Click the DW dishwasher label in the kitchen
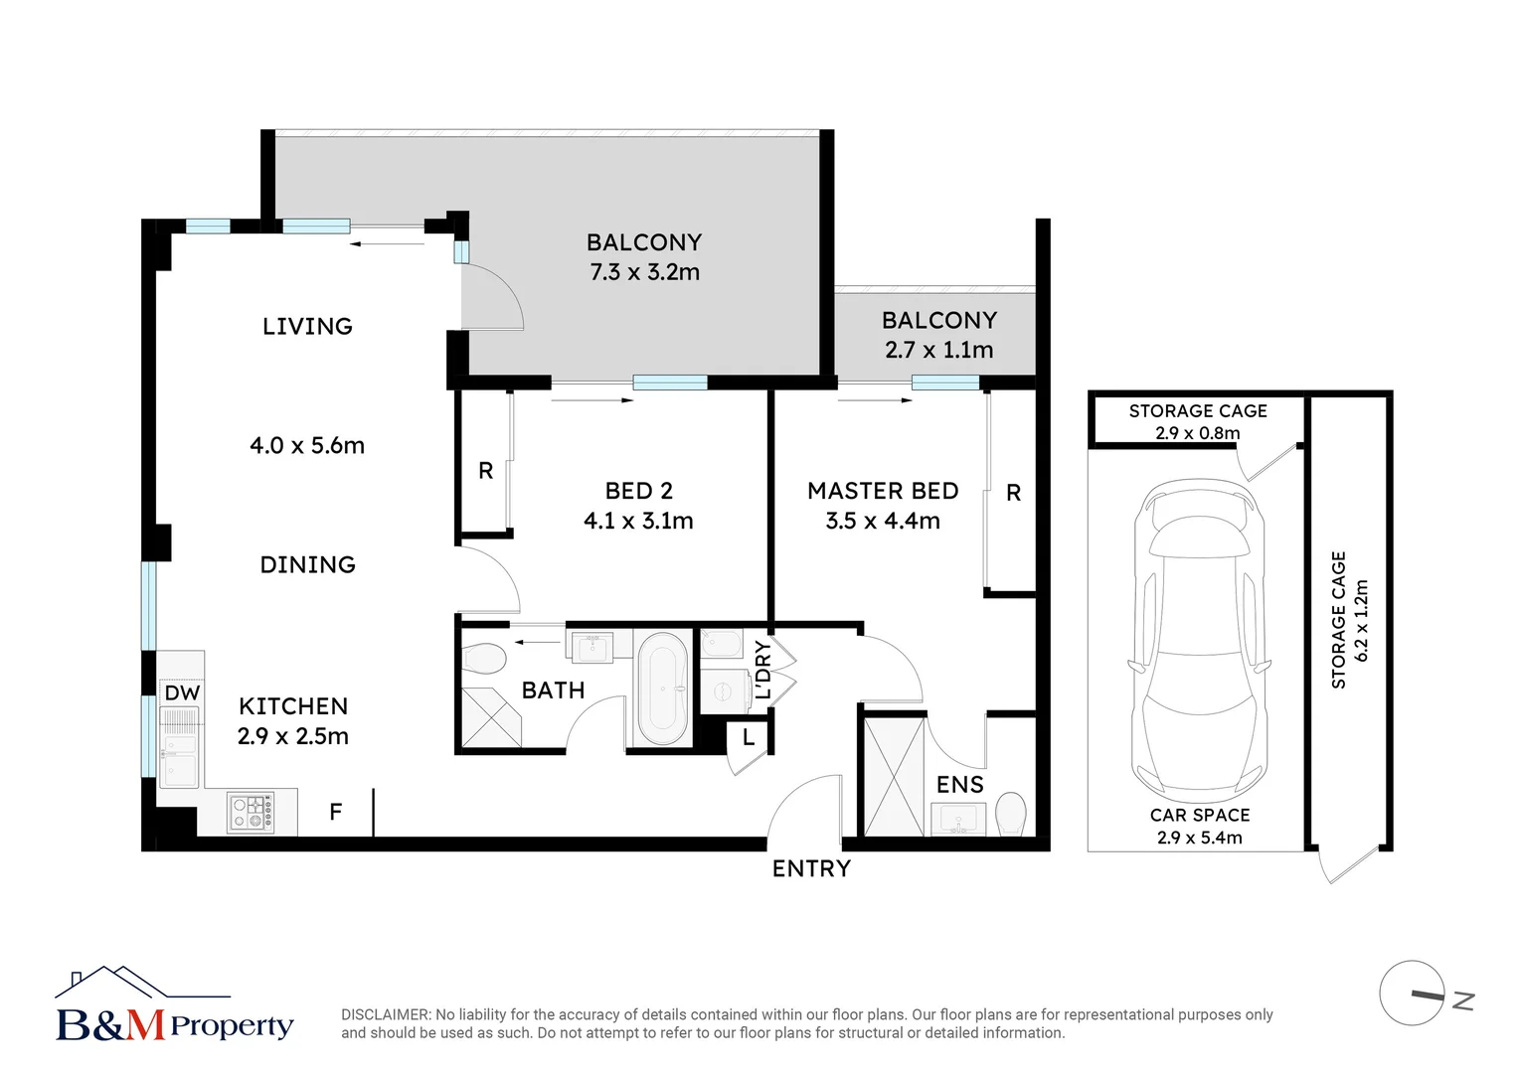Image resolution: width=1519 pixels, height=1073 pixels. pyautogui.click(x=182, y=693)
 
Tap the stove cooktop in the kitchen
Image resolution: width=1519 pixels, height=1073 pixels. pyautogui.click(x=251, y=812)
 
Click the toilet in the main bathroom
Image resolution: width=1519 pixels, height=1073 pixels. pyautogui.click(x=485, y=658)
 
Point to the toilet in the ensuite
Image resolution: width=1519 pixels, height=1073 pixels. pyautogui.click(x=1010, y=814)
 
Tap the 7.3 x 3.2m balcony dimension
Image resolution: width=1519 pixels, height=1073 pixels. pyautogui.click(x=644, y=272)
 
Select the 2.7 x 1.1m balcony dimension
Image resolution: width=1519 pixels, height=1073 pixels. pyautogui.click(x=938, y=350)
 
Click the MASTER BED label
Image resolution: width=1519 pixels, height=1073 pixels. pyautogui.click(x=883, y=491)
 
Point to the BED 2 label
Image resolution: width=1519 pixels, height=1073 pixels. pyautogui.click(x=638, y=491)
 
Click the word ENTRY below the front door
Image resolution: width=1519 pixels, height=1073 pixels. pyautogui.click(x=811, y=868)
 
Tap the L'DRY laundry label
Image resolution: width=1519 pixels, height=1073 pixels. pyautogui.click(x=762, y=670)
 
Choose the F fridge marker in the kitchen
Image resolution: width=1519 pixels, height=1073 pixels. pyautogui.click(x=336, y=812)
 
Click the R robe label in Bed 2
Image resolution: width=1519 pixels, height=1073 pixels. pyautogui.click(x=485, y=471)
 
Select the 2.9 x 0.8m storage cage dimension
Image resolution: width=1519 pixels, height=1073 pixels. pyautogui.click(x=1197, y=433)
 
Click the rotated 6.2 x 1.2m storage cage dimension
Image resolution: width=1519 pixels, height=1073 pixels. pyautogui.click(x=1362, y=621)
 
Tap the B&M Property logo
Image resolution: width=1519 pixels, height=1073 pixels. pyautogui.click(x=174, y=1006)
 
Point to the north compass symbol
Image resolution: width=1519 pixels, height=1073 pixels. pyautogui.click(x=1414, y=993)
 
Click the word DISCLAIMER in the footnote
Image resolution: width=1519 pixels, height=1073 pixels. pyautogui.click(x=386, y=1014)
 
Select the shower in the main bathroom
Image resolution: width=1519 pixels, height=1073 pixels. pyautogui.click(x=491, y=717)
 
